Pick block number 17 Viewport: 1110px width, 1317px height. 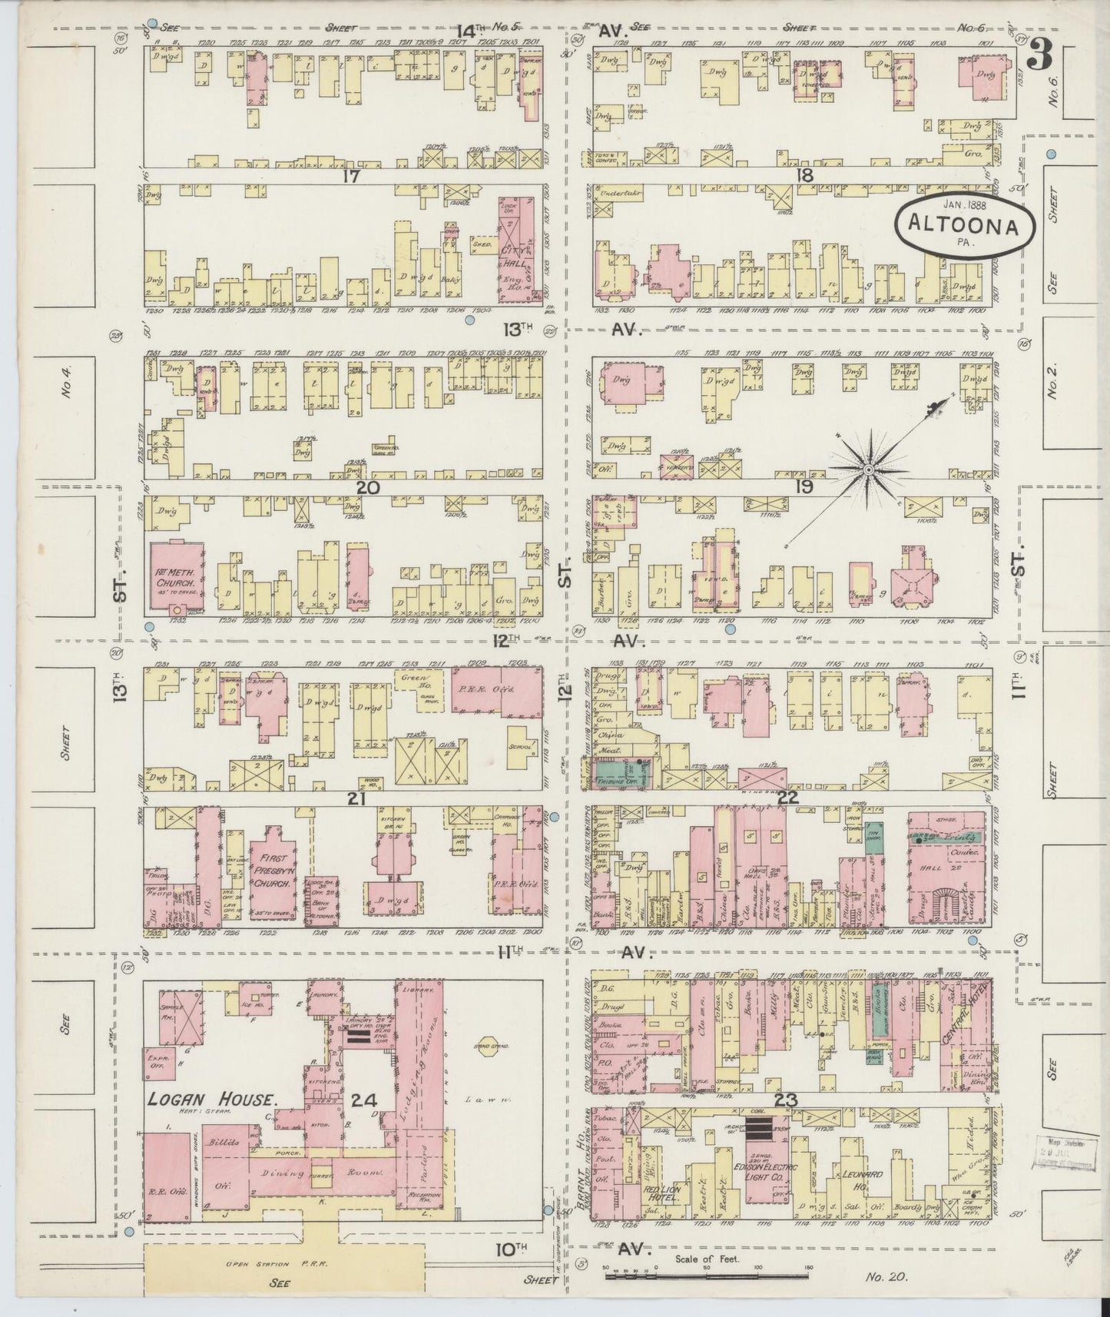pyautogui.click(x=353, y=176)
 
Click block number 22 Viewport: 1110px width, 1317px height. pyautogui.click(x=787, y=798)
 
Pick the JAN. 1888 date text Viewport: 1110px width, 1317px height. pyautogui.click(x=965, y=205)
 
